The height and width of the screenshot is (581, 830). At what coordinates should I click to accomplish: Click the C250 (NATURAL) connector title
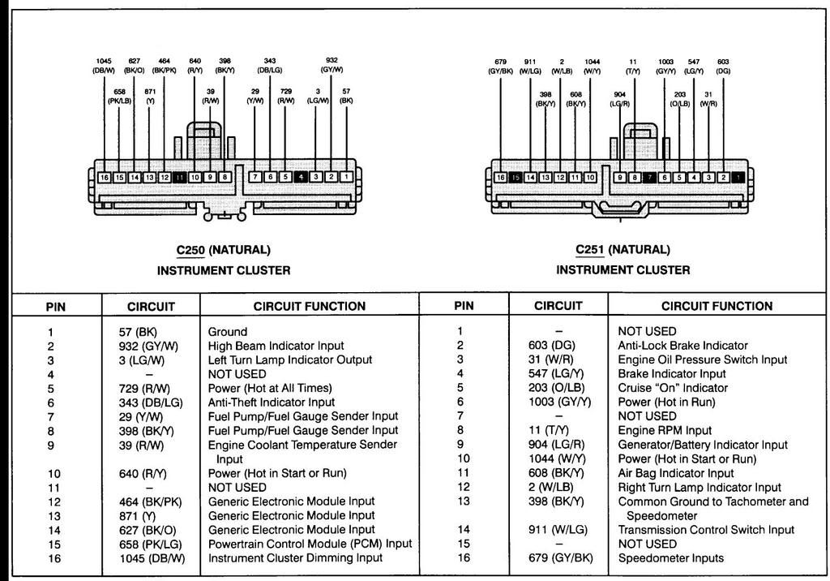pyautogui.click(x=223, y=250)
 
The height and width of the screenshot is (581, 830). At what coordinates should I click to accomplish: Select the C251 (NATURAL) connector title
pyautogui.click(x=622, y=250)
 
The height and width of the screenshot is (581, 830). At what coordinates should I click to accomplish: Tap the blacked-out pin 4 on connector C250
pyautogui.click(x=301, y=177)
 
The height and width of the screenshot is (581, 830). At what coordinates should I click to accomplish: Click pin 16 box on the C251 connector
pyautogui.click(x=500, y=178)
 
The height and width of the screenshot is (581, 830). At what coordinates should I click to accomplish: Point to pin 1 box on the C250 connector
pyautogui.click(x=346, y=177)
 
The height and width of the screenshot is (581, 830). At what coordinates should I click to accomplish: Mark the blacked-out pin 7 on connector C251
pyautogui.click(x=649, y=178)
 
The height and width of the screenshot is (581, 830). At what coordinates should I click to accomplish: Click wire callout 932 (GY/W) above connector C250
pyautogui.click(x=332, y=65)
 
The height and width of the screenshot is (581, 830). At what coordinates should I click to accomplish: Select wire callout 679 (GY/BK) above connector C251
pyautogui.click(x=500, y=67)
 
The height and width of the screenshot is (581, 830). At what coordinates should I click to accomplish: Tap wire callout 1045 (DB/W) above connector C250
pyautogui.click(x=104, y=66)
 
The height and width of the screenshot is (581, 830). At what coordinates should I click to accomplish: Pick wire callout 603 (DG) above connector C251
pyautogui.click(x=723, y=67)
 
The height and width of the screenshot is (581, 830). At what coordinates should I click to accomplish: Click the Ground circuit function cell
pyautogui.click(x=228, y=332)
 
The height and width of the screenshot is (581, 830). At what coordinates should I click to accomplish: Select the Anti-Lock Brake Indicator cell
pyautogui.click(x=682, y=346)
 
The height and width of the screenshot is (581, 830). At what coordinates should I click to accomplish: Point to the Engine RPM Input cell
pyautogui.click(x=665, y=430)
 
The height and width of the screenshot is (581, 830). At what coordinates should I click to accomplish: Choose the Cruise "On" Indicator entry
pyautogui.click(x=673, y=388)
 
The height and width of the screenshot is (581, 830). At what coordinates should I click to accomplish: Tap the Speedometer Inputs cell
pyautogui.click(x=670, y=557)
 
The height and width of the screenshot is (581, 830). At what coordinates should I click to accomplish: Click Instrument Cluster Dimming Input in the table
pyautogui.click(x=295, y=557)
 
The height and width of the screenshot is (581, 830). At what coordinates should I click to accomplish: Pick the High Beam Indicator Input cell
pyautogui.click(x=276, y=346)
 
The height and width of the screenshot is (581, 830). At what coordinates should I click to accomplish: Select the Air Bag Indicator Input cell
pyautogui.click(x=676, y=473)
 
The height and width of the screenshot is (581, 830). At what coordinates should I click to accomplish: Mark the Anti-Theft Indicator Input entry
pyautogui.click(x=272, y=402)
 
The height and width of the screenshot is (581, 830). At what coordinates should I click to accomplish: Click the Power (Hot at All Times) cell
pyautogui.click(x=270, y=388)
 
